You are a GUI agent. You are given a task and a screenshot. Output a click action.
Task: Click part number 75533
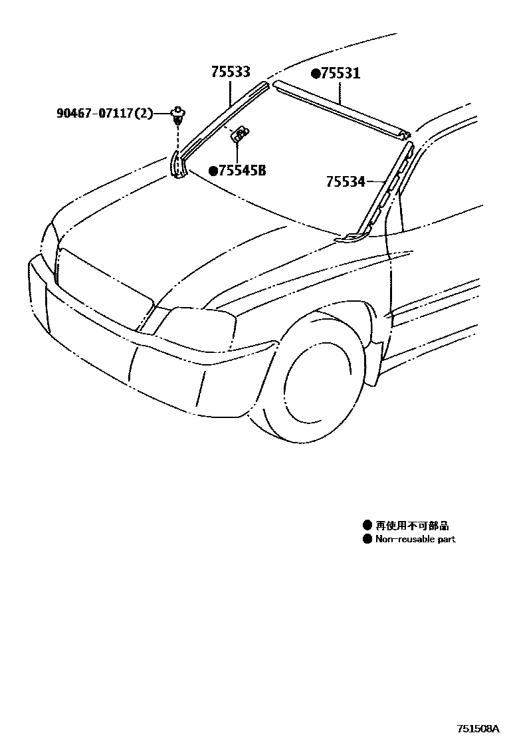click(x=231, y=72)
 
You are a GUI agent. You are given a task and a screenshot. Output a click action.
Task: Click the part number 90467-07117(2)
click(x=104, y=114)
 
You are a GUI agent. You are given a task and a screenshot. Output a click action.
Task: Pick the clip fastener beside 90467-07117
click(x=178, y=114)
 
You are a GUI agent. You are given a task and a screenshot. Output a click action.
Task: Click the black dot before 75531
click(x=316, y=73)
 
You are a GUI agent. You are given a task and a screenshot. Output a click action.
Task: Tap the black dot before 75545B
click(x=213, y=171)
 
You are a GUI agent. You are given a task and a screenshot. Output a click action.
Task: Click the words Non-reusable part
click(x=415, y=539)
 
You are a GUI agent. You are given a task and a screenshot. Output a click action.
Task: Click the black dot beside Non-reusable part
click(x=367, y=539)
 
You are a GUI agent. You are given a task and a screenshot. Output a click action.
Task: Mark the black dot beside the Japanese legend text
click(x=367, y=526)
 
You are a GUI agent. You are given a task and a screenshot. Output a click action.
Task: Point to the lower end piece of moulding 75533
click(x=177, y=166)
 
